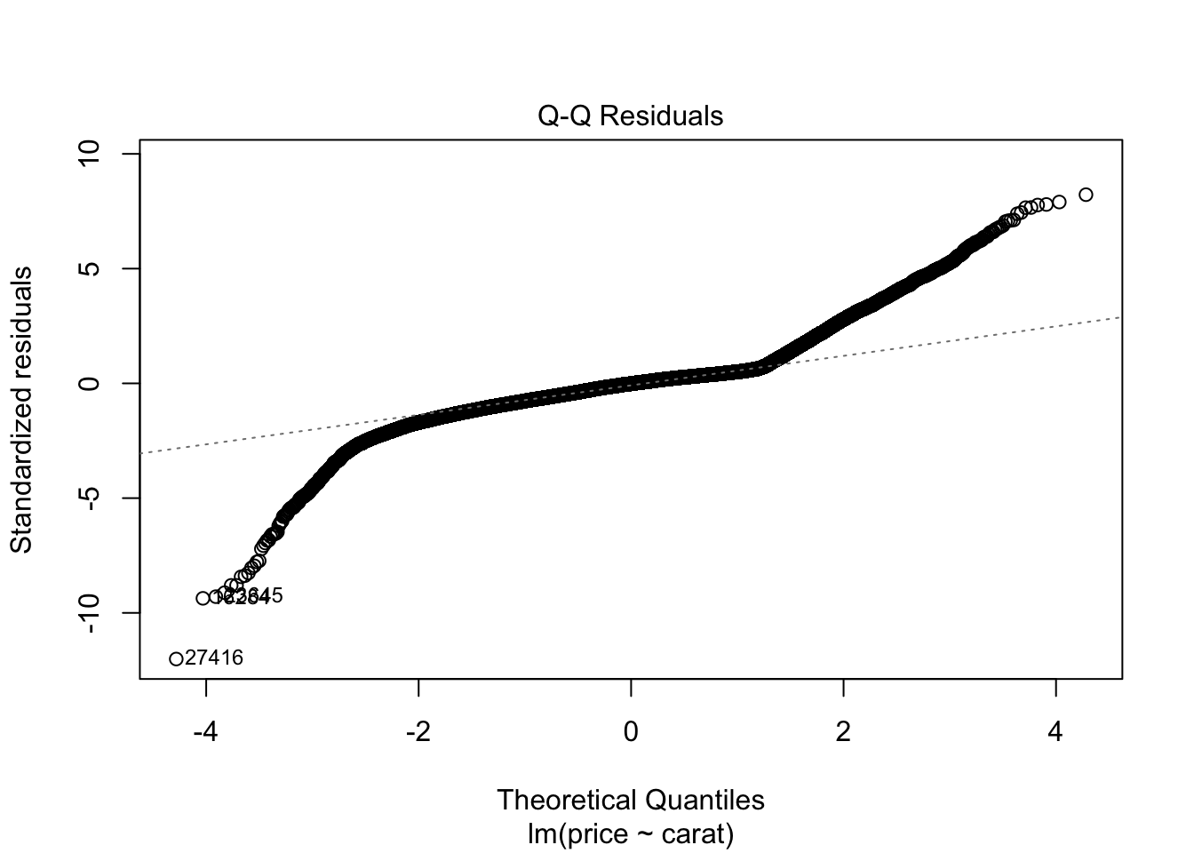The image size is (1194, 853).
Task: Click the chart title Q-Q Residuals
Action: coord(631,116)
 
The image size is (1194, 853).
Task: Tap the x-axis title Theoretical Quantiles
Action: coord(631,800)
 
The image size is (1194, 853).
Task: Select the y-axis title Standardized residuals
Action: coord(21,409)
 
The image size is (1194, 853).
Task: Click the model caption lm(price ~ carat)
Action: coord(631,834)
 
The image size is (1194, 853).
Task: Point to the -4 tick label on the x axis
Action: coord(206,731)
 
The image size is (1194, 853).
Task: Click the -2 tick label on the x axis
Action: coord(418,731)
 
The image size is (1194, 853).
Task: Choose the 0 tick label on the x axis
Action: coord(631,731)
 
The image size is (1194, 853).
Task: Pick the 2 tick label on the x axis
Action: coord(843,731)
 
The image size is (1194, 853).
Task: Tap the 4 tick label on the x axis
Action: coord(1055,731)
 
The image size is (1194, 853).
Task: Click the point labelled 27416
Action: coord(176,658)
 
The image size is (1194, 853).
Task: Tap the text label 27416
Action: coord(214,658)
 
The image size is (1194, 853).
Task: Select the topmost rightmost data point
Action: coord(1086,195)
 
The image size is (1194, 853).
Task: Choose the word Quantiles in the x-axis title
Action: coord(702,800)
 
